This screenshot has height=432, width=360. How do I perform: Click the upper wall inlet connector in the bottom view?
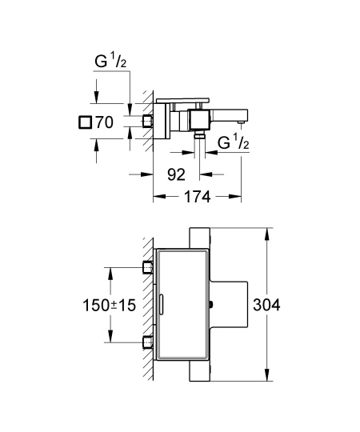147,266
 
